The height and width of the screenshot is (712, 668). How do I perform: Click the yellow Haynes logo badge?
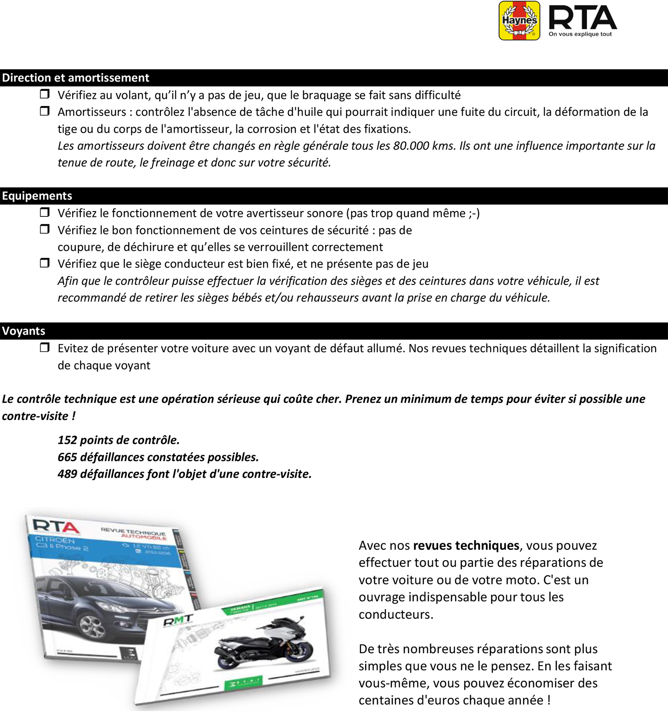pos(519,20)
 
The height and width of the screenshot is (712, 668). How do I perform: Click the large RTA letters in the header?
pos(582,18)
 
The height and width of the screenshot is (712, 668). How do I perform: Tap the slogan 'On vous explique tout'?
pos(580,34)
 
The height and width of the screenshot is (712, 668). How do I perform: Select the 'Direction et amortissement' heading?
pos(76,78)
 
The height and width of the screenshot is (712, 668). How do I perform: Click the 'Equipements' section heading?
pos(37,196)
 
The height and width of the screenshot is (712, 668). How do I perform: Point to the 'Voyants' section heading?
pos(24,331)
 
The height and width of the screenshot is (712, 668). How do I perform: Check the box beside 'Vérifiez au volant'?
pos(45,94)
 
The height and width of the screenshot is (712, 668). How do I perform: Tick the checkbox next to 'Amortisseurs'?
pos(45,111)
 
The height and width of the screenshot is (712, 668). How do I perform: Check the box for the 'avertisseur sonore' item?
pos(45,212)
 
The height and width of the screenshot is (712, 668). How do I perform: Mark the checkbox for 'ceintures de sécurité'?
pos(45,229)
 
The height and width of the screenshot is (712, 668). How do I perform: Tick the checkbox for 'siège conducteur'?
pos(45,263)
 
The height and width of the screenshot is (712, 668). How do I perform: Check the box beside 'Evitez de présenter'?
pos(45,347)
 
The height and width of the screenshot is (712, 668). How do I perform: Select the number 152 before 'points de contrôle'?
pos(67,440)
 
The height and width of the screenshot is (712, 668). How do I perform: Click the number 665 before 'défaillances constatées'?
pos(67,457)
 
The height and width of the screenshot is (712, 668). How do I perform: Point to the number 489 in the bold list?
pos(67,474)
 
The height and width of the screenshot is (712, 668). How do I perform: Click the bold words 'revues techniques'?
pos(466,545)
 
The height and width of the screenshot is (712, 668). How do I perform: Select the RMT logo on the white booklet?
pos(178,620)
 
